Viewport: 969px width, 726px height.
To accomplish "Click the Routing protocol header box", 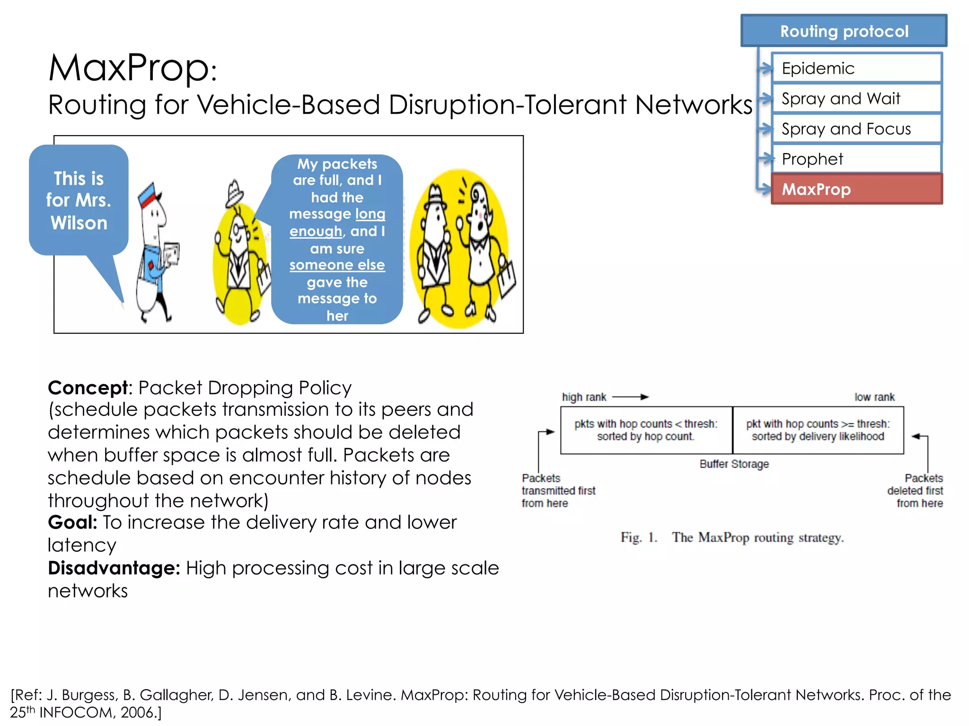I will click(844, 31).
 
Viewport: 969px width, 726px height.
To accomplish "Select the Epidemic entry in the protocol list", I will click(856, 69).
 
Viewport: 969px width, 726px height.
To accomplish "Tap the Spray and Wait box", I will click(856, 99).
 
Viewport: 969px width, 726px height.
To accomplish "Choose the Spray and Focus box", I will click(856, 129).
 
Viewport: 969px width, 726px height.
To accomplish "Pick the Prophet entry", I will click(856, 159).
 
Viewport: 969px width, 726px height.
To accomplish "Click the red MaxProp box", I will click(856, 190).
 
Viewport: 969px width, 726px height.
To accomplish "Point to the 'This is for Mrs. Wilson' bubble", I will click(79, 200).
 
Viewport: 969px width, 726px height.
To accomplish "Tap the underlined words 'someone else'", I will click(337, 265).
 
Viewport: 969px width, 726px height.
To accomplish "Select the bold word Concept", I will click(88, 388).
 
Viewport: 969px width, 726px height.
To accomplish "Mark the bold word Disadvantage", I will click(114, 568).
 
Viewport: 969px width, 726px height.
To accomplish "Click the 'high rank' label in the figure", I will click(584, 398).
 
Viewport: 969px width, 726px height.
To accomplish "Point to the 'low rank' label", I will click(874, 398).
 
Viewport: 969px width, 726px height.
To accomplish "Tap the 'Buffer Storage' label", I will click(734, 464).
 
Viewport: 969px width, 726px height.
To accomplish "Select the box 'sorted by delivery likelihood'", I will click(818, 431).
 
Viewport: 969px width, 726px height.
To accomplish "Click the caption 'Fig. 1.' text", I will click(639, 538).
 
